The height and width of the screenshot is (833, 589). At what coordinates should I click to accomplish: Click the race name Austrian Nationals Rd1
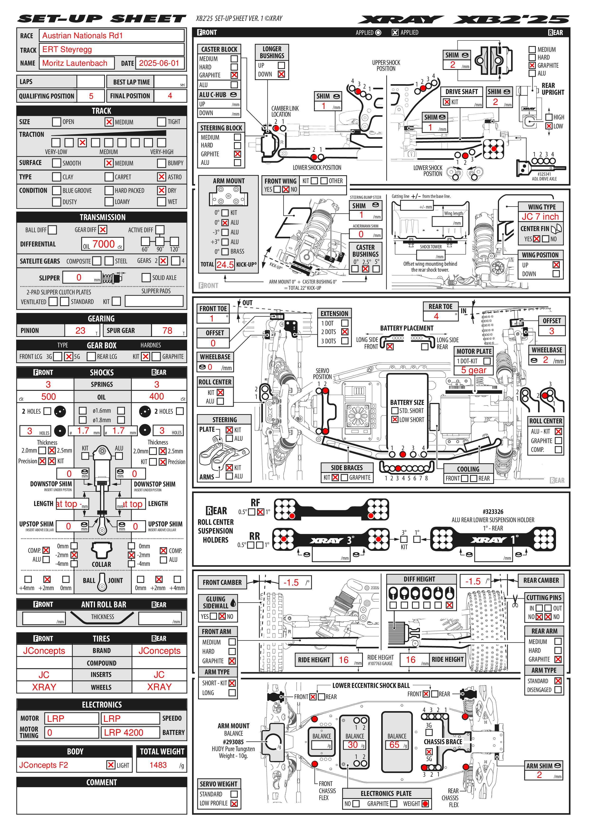(x=82, y=36)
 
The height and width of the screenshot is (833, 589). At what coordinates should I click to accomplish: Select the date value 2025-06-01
(x=159, y=63)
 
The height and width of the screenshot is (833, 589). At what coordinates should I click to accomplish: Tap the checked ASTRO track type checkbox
(x=161, y=177)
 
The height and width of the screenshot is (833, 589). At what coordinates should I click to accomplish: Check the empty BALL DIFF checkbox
(x=53, y=230)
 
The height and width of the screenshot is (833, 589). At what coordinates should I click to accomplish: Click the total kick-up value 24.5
(x=225, y=265)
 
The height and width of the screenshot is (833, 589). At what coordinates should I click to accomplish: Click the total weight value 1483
(x=158, y=765)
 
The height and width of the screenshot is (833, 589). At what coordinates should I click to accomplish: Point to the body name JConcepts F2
(x=43, y=765)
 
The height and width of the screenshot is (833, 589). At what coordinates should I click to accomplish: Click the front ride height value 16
(x=343, y=660)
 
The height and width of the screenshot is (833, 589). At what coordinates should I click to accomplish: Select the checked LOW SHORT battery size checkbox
(x=395, y=419)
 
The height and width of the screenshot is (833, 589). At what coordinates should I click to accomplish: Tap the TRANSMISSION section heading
(x=103, y=217)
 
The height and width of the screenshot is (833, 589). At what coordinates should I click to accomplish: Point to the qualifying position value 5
(x=91, y=96)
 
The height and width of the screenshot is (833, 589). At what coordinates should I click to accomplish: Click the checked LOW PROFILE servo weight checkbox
(x=234, y=803)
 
